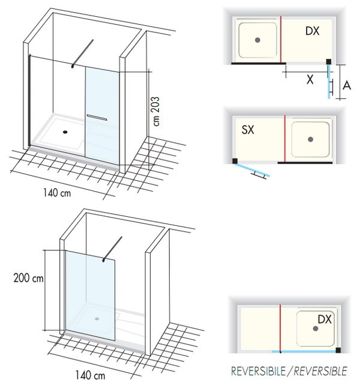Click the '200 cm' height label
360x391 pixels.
click(x=29, y=279)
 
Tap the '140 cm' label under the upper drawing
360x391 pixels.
click(x=57, y=193)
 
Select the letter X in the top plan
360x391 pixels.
click(x=310, y=79)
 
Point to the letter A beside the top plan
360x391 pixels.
click(x=347, y=86)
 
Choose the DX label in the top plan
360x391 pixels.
click(x=312, y=31)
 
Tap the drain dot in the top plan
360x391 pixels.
click(x=257, y=40)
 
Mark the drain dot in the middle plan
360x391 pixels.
click(x=310, y=139)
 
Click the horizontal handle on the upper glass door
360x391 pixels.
click(x=96, y=117)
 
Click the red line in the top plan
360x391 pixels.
click(x=281, y=39)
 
